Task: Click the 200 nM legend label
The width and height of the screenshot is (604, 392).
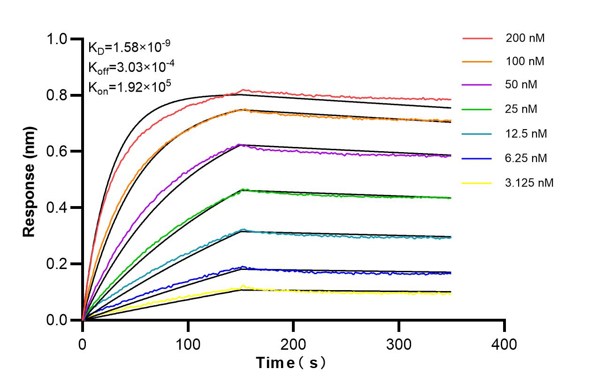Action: click(x=525, y=38)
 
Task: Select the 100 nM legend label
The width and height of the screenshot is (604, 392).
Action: click(x=525, y=61)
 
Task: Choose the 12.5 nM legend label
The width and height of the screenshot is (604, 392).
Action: click(x=526, y=134)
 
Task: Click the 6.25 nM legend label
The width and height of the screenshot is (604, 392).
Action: click(x=526, y=158)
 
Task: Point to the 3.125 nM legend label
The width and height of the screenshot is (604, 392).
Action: click(x=529, y=183)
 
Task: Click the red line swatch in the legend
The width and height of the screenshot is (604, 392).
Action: click(x=477, y=38)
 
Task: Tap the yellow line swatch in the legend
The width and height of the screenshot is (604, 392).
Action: click(x=477, y=183)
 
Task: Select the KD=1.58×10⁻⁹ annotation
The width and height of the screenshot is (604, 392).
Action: click(x=129, y=47)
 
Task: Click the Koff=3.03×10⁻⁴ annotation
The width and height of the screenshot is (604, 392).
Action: click(x=131, y=67)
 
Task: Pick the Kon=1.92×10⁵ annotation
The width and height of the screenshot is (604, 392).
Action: click(x=130, y=86)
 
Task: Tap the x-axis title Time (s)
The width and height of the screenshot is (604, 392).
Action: click(x=291, y=363)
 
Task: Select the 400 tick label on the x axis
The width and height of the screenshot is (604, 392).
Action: click(x=505, y=345)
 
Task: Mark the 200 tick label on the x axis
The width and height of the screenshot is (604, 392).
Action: click(x=293, y=345)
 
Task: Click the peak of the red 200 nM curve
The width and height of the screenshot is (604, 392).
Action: click(x=243, y=90)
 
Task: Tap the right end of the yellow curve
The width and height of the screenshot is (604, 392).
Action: click(x=451, y=293)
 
